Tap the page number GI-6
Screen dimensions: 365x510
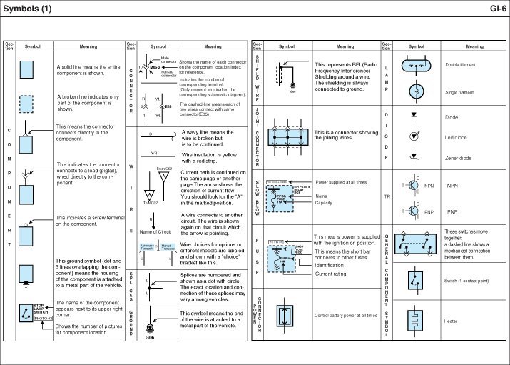[x=497, y=9]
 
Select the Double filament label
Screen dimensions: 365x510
[x=461, y=64]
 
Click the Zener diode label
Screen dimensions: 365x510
[x=459, y=158]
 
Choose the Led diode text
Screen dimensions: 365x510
[x=457, y=137]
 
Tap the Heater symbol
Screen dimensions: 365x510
[x=415, y=321]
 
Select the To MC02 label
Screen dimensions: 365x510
[x=149, y=203]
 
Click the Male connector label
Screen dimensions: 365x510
[x=169, y=60]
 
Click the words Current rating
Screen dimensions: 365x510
[x=330, y=274]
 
